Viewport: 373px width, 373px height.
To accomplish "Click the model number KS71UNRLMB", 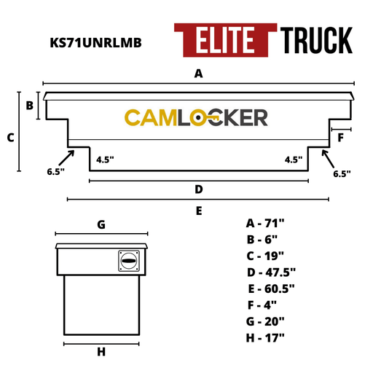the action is coord(95,43).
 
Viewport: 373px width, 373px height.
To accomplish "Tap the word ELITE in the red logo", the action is coord(225,40).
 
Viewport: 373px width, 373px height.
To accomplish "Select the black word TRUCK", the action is coord(316,40).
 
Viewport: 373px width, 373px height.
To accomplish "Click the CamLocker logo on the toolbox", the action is coord(196,117).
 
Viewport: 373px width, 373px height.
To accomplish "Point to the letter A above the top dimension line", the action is coord(198,74).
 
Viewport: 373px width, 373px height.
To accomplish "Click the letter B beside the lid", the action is coord(30,106).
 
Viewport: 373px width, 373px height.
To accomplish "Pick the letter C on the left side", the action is coord(11,138).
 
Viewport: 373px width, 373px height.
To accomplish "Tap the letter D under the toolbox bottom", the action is coord(199,189).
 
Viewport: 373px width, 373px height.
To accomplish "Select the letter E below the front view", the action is coord(199,211).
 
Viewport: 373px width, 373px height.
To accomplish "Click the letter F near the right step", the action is coord(341,138).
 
